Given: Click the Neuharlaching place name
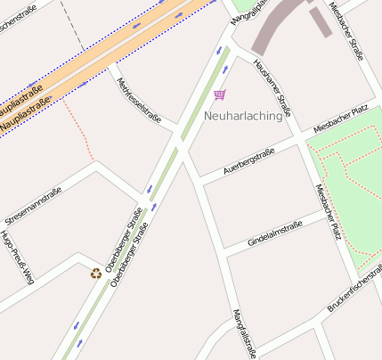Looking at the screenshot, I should point(242,115).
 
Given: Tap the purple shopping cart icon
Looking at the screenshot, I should point(219,94).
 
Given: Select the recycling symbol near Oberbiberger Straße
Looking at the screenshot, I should point(95,273).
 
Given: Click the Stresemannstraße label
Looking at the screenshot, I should point(33,206).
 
